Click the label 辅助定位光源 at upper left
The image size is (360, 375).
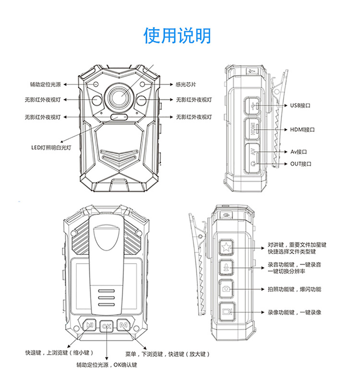[45, 85]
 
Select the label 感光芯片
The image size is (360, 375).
[186, 85]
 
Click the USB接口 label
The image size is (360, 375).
[301, 105]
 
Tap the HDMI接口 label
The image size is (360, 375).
[302, 130]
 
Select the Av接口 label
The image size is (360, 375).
[299, 152]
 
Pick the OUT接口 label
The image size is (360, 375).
[301, 164]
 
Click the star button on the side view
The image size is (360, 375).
[226, 247]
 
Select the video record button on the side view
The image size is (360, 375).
[226, 311]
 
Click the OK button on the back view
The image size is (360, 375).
[107, 326]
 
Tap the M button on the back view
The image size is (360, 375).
[124, 326]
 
